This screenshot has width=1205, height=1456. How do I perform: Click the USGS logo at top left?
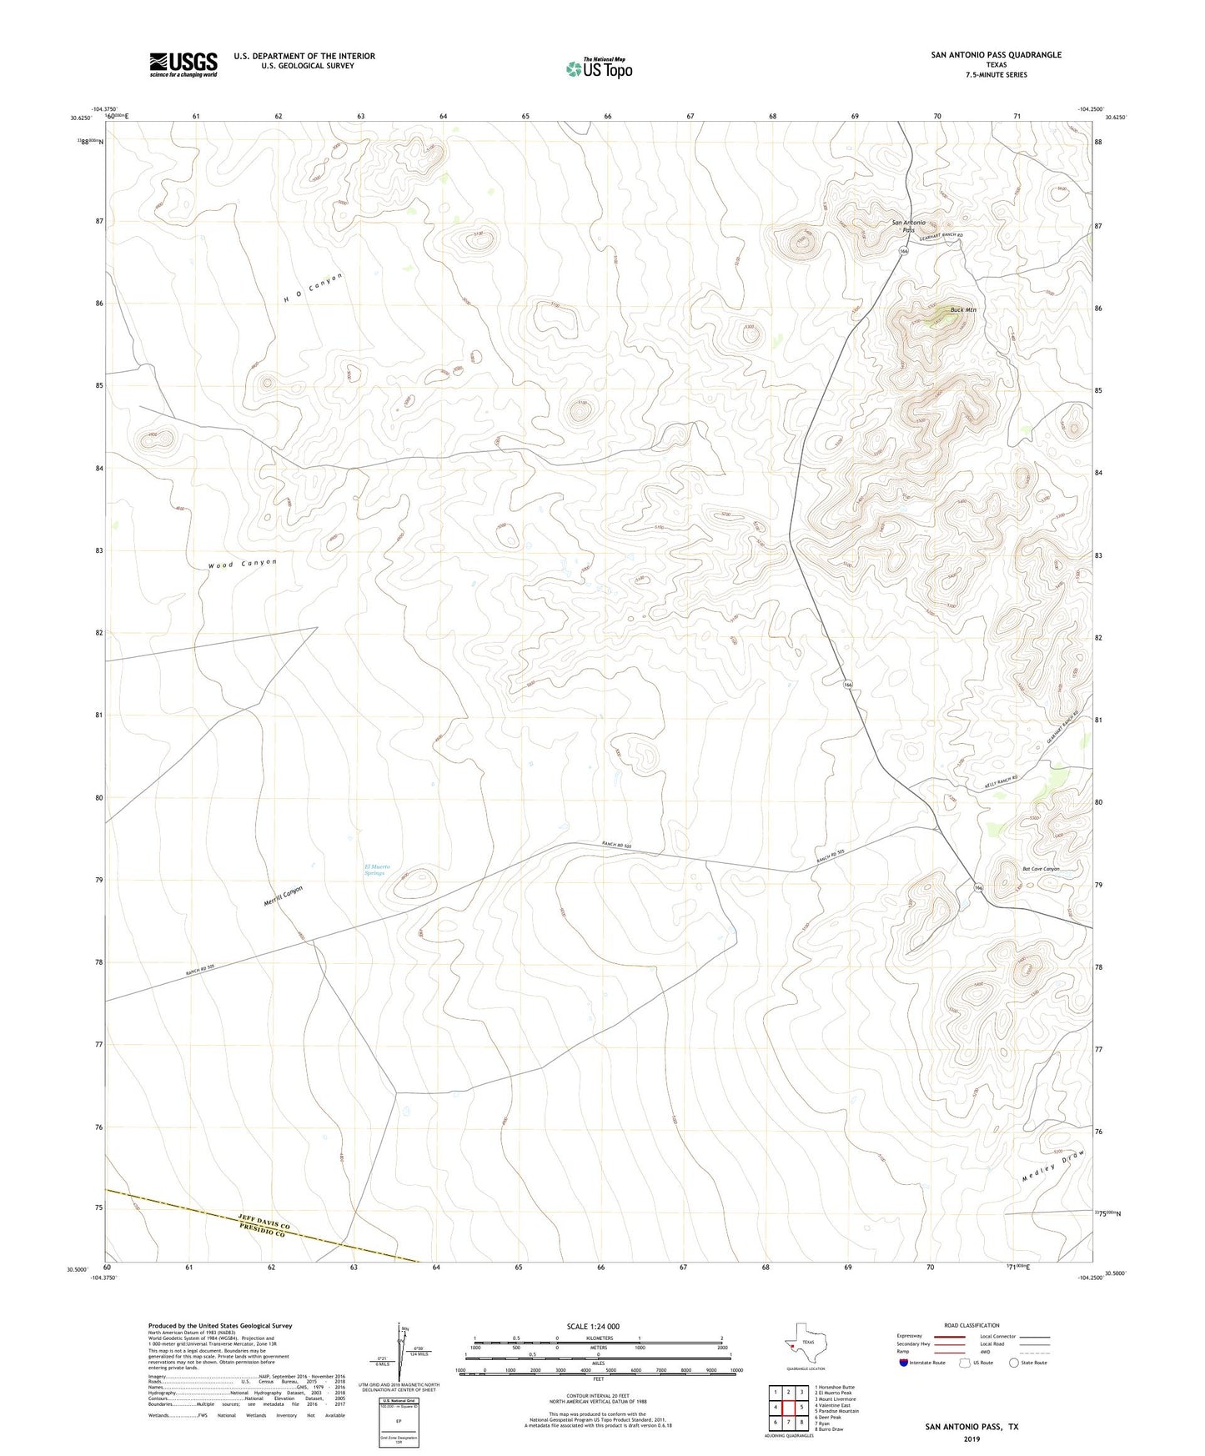[x=183, y=63]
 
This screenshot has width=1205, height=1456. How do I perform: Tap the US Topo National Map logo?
[x=598, y=68]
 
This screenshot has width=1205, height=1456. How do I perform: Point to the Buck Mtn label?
[x=962, y=310]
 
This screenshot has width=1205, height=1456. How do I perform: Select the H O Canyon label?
[x=313, y=287]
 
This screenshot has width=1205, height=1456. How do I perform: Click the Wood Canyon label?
[x=242, y=564]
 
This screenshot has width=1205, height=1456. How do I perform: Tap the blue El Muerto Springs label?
[x=377, y=870]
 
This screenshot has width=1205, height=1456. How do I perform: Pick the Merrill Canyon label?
[x=283, y=896]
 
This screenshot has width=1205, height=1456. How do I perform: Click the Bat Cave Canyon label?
[x=1041, y=869]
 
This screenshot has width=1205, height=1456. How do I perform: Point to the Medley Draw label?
[x=1055, y=1166]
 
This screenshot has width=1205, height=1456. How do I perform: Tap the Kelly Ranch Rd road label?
[x=1001, y=782]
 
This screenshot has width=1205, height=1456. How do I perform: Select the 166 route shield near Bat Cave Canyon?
[x=979, y=888]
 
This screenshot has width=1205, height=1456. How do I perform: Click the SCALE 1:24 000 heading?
[x=593, y=1326]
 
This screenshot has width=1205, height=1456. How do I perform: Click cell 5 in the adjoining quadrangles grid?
[x=801, y=1407]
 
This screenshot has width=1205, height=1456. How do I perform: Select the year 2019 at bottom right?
[x=972, y=1438]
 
